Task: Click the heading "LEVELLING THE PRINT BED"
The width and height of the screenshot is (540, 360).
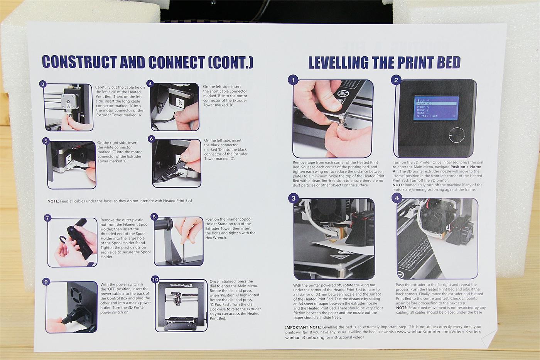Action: [x=384, y=63]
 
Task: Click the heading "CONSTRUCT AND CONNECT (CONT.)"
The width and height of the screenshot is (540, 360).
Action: [x=147, y=62]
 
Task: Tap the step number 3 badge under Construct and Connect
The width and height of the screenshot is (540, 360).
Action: [x=43, y=84]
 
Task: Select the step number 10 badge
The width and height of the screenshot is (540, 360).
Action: [x=155, y=279]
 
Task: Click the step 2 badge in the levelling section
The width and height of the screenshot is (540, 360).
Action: [x=395, y=80]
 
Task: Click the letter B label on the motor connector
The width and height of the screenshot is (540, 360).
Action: [x=180, y=103]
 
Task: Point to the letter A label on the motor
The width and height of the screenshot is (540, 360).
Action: [x=68, y=105]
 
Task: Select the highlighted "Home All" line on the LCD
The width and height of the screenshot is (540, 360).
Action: [x=435, y=104]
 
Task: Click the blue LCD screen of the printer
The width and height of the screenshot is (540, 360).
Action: [x=435, y=107]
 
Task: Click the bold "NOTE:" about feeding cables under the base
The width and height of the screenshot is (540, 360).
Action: [x=53, y=201]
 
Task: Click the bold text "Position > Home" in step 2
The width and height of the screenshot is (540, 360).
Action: [x=466, y=167]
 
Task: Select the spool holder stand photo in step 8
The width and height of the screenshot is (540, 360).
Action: [x=178, y=241]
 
